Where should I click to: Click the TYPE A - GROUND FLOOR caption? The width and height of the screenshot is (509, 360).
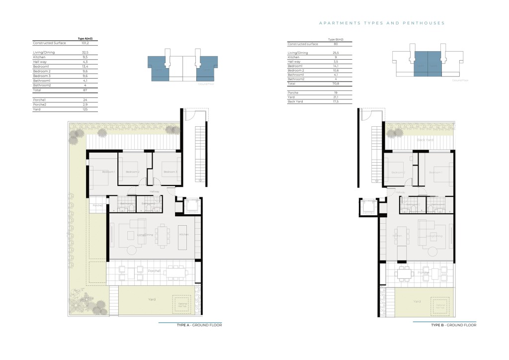click(199, 325)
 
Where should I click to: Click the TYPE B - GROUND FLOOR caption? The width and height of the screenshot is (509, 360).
click(453, 325)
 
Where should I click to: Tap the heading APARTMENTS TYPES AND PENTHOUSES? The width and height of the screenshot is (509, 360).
click(381, 23)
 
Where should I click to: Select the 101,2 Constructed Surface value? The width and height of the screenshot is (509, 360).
click(84, 43)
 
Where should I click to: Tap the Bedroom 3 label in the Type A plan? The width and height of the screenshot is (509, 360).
click(170, 172)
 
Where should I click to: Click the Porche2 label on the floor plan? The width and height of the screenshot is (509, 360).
click(97, 205)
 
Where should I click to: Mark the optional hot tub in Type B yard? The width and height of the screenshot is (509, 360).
click(437, 306)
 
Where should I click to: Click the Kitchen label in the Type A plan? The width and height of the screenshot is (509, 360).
click(183, 234)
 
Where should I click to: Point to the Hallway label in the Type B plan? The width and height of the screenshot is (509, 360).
click(401, 192)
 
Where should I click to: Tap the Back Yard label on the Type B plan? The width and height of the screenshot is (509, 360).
click(425, 140)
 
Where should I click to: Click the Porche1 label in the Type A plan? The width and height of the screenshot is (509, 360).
click(154, 271)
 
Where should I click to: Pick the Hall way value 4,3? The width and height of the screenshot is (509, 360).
click(84, 62)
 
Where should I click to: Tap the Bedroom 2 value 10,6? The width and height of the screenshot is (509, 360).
click(336, 71)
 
